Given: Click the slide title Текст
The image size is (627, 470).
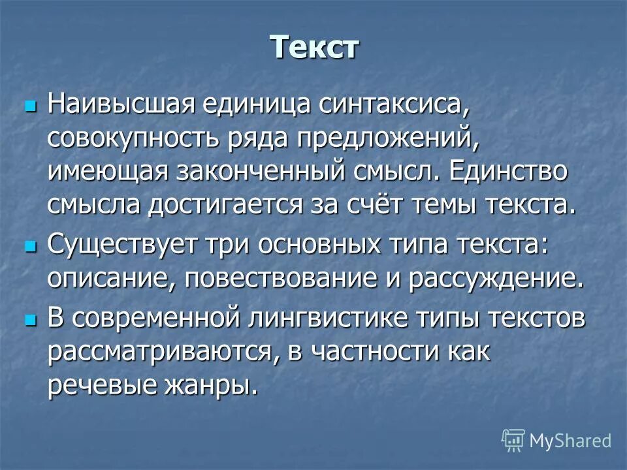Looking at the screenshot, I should (314, 47).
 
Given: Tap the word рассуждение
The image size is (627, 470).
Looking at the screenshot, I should (495, 280).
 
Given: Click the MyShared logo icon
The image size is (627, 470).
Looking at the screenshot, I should (513, 440).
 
